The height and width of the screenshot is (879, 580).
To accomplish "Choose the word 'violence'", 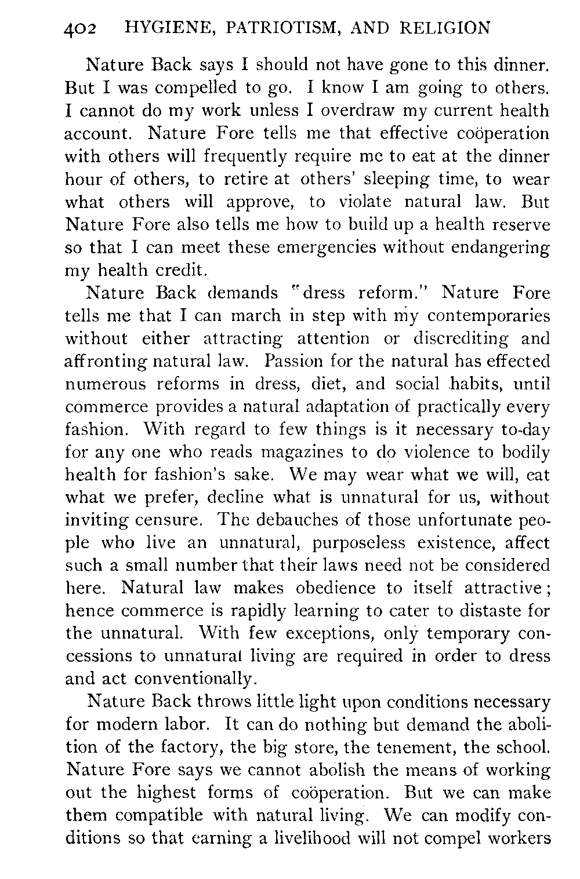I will pyautogui.click(x=440, y=453).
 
